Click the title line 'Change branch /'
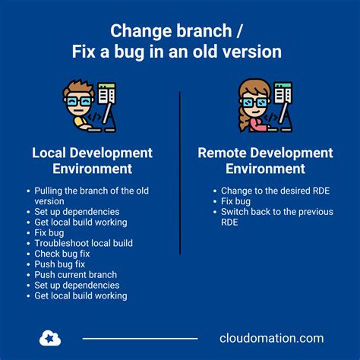pyautogui.click(x=179, y=31)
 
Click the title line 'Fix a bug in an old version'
pyautogui.click(x=179, y=52)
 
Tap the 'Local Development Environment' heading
pyautogui.click(x=92, y=160)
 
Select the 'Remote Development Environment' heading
pyautogui.click(x=265, y=160)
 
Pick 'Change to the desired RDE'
pyautogui.click(x=267, y=190)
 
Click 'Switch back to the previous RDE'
pyautogui.click(x=270, y=216)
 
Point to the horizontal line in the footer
pyautogui.click(x=140, y=339)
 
